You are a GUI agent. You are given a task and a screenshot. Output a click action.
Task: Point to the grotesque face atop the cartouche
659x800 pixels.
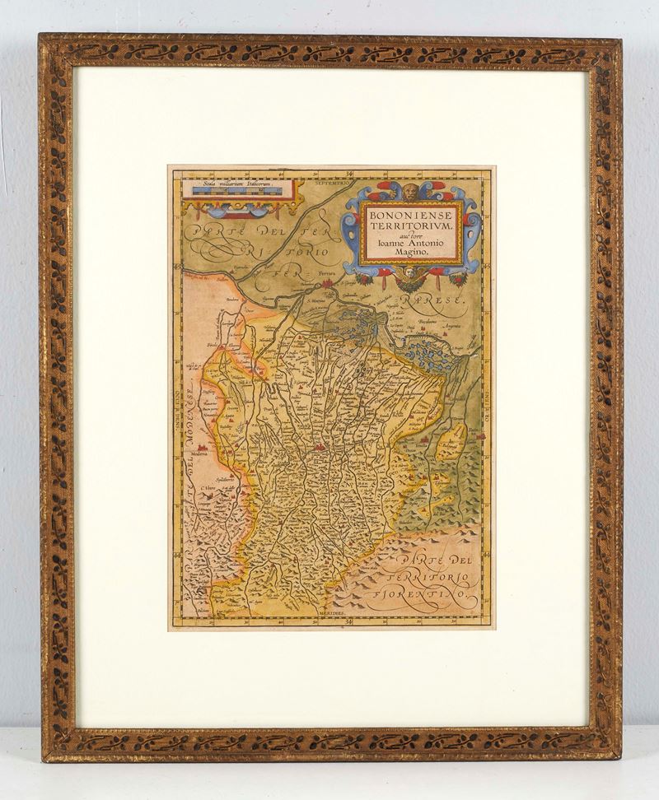click(410, 192)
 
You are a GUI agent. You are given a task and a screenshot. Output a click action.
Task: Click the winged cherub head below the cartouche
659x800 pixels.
click(409, 278)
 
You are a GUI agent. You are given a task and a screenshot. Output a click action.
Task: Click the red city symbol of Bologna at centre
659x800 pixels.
click(319, 449)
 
